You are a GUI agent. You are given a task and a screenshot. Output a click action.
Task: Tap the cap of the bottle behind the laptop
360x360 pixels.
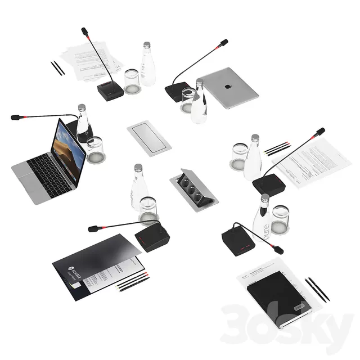tap(82, 107)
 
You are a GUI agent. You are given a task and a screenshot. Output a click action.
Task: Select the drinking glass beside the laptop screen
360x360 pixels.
tap(95, 150)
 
